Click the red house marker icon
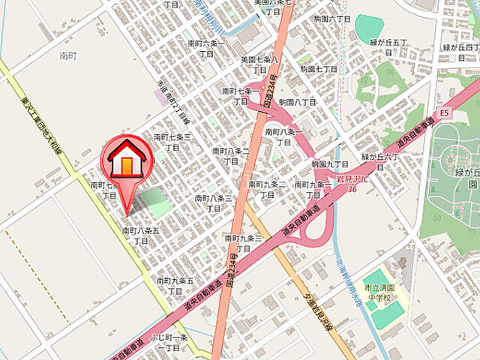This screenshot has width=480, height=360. [x=127, y=160]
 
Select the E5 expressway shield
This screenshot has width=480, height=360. [x=444, y=113]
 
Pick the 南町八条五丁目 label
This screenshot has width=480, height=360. [x=140, y=236]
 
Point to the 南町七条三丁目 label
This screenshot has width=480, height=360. [x=172, y=142]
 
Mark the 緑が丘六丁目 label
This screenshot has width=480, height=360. [x=382, y=162]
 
